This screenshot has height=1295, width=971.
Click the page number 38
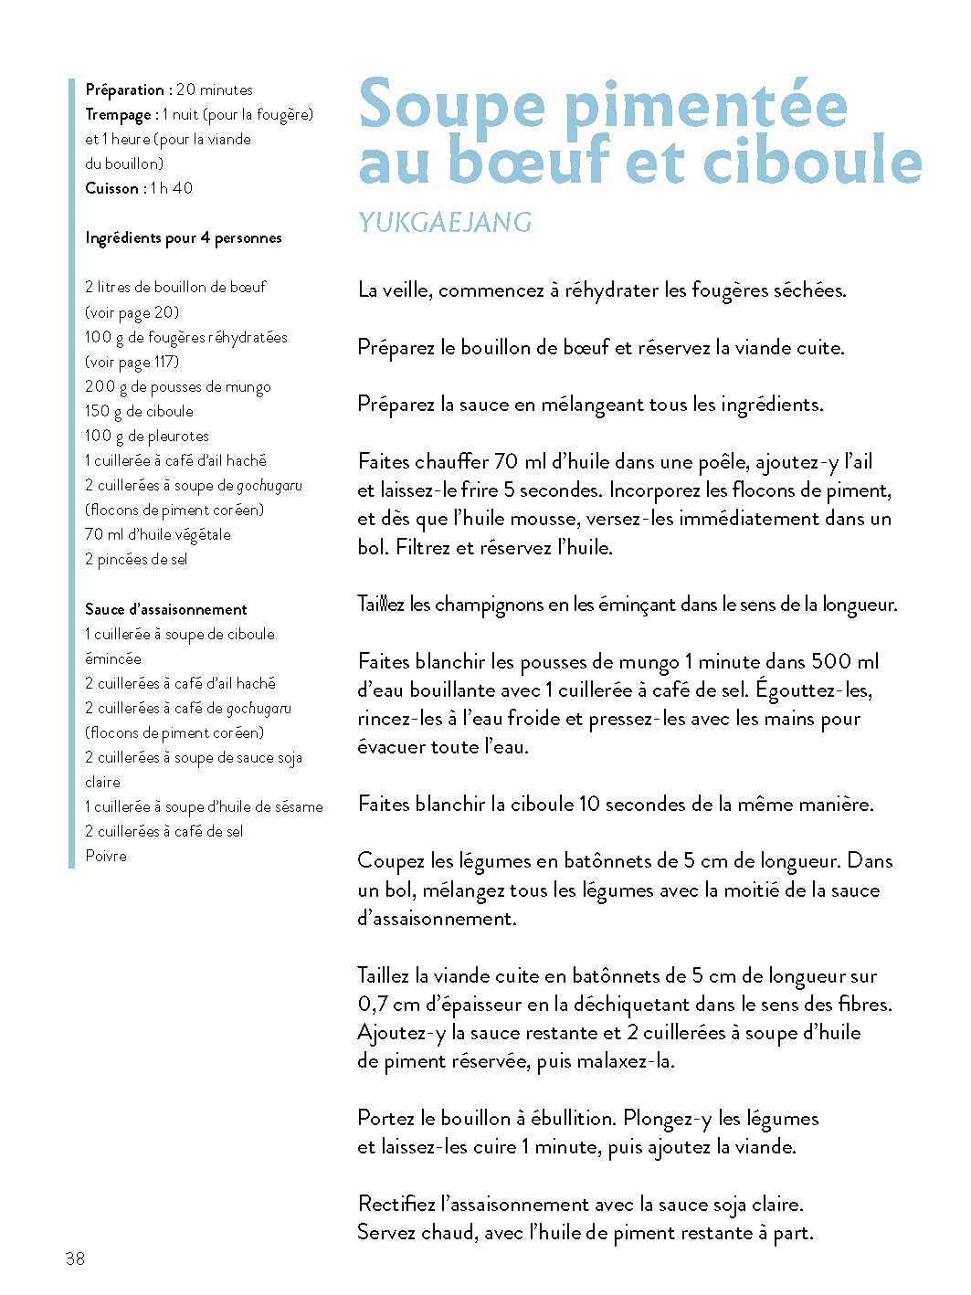[x=75, y=1258]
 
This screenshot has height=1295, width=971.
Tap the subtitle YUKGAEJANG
[x=445, y=222]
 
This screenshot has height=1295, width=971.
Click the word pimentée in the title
[x=706, y=105]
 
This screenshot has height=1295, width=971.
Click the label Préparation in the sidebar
[x=125, y=89]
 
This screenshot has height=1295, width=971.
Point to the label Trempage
[x=119, y=114]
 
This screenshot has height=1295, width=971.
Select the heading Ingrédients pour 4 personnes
[x=184, y=237]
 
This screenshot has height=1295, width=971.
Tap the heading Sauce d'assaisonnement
[x=166, y=609]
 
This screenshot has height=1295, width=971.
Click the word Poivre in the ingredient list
[x=106, y=856]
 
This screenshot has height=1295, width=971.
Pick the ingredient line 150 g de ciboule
[x=139, y=411]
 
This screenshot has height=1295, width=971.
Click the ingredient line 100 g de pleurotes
[x=147, y=436]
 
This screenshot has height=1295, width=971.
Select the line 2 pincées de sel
[x=136, y=559]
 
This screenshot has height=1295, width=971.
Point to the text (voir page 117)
[x=132, y=362]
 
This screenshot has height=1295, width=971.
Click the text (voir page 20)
[x=132, y=312]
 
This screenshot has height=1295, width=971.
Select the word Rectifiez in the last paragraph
[x=396, y=1204]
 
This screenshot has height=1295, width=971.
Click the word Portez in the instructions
[x=386, y=1118]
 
